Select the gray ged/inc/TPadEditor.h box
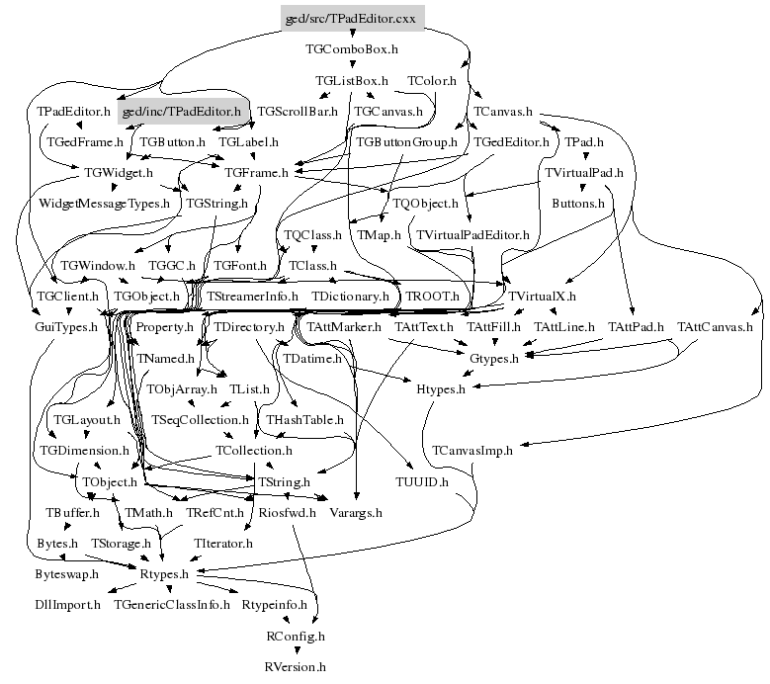click(180, 112)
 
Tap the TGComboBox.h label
click(352, 48)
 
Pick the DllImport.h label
click(67, 604)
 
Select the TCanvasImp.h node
click(472, 451)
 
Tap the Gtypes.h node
click(493, 358)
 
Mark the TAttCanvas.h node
click(715, 326)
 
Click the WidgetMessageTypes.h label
click(104, 204)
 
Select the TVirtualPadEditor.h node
click(472, 235)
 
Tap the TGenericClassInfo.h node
click(171, 604)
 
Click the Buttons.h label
click(577, 204)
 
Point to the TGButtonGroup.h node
click(406, 142)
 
